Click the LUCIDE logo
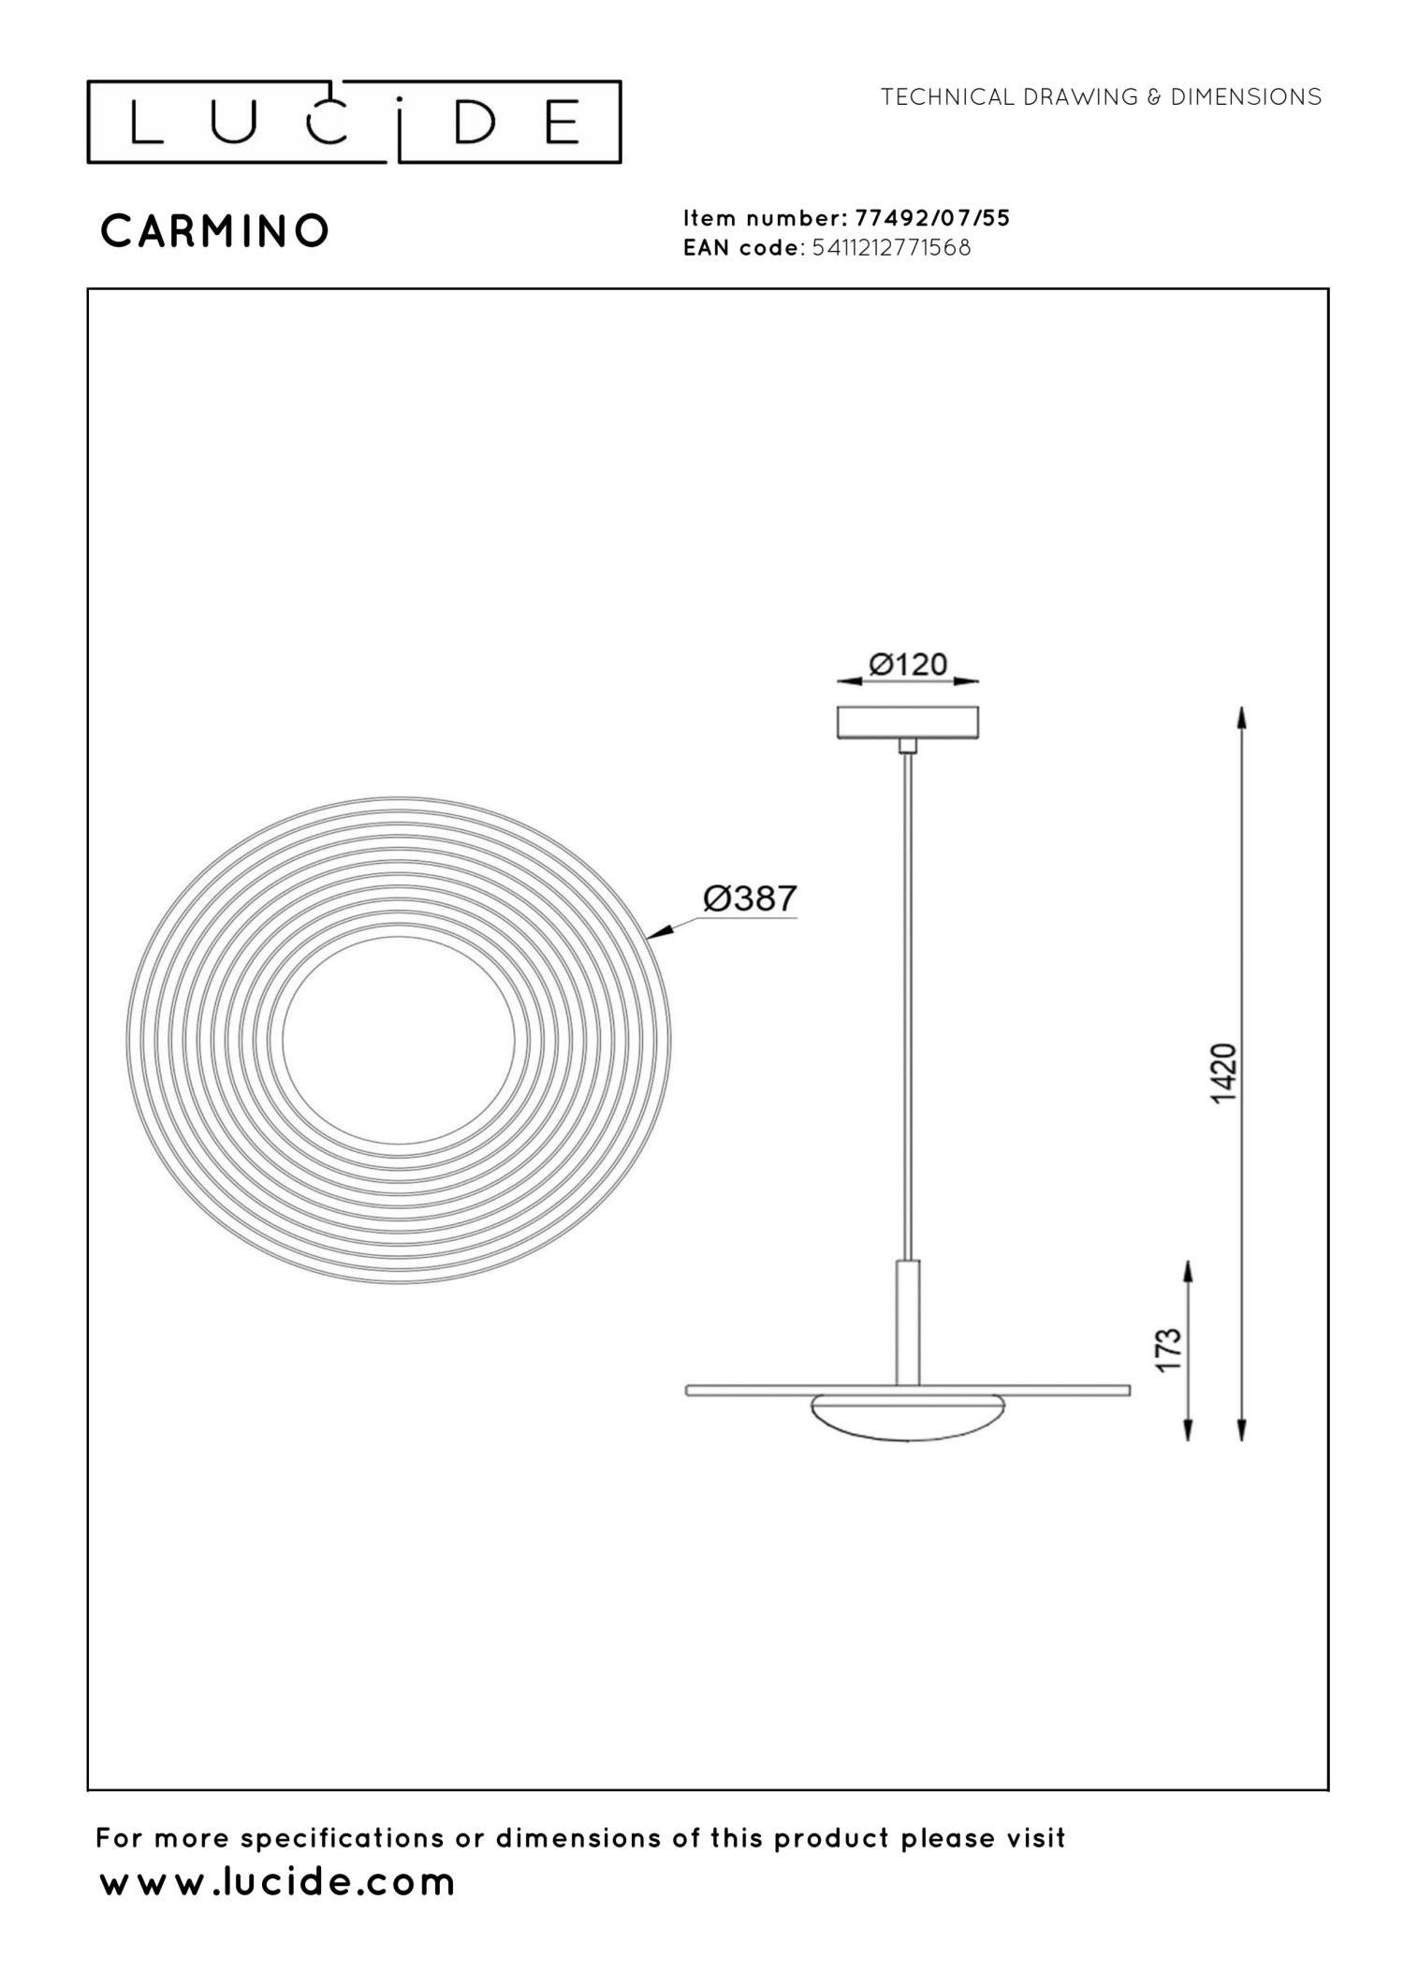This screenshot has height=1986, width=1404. tap(354, 122)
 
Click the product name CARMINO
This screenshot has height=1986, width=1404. tap(214, 231)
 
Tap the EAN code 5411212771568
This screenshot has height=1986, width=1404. tap(891, 248)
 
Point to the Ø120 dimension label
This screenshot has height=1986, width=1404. tap(908, 664)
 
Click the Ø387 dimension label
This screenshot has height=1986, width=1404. tap(750, 899)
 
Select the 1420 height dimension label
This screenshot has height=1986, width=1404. tap(1224, 1073)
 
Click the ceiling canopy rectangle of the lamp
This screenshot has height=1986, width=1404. tap(907, 723)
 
